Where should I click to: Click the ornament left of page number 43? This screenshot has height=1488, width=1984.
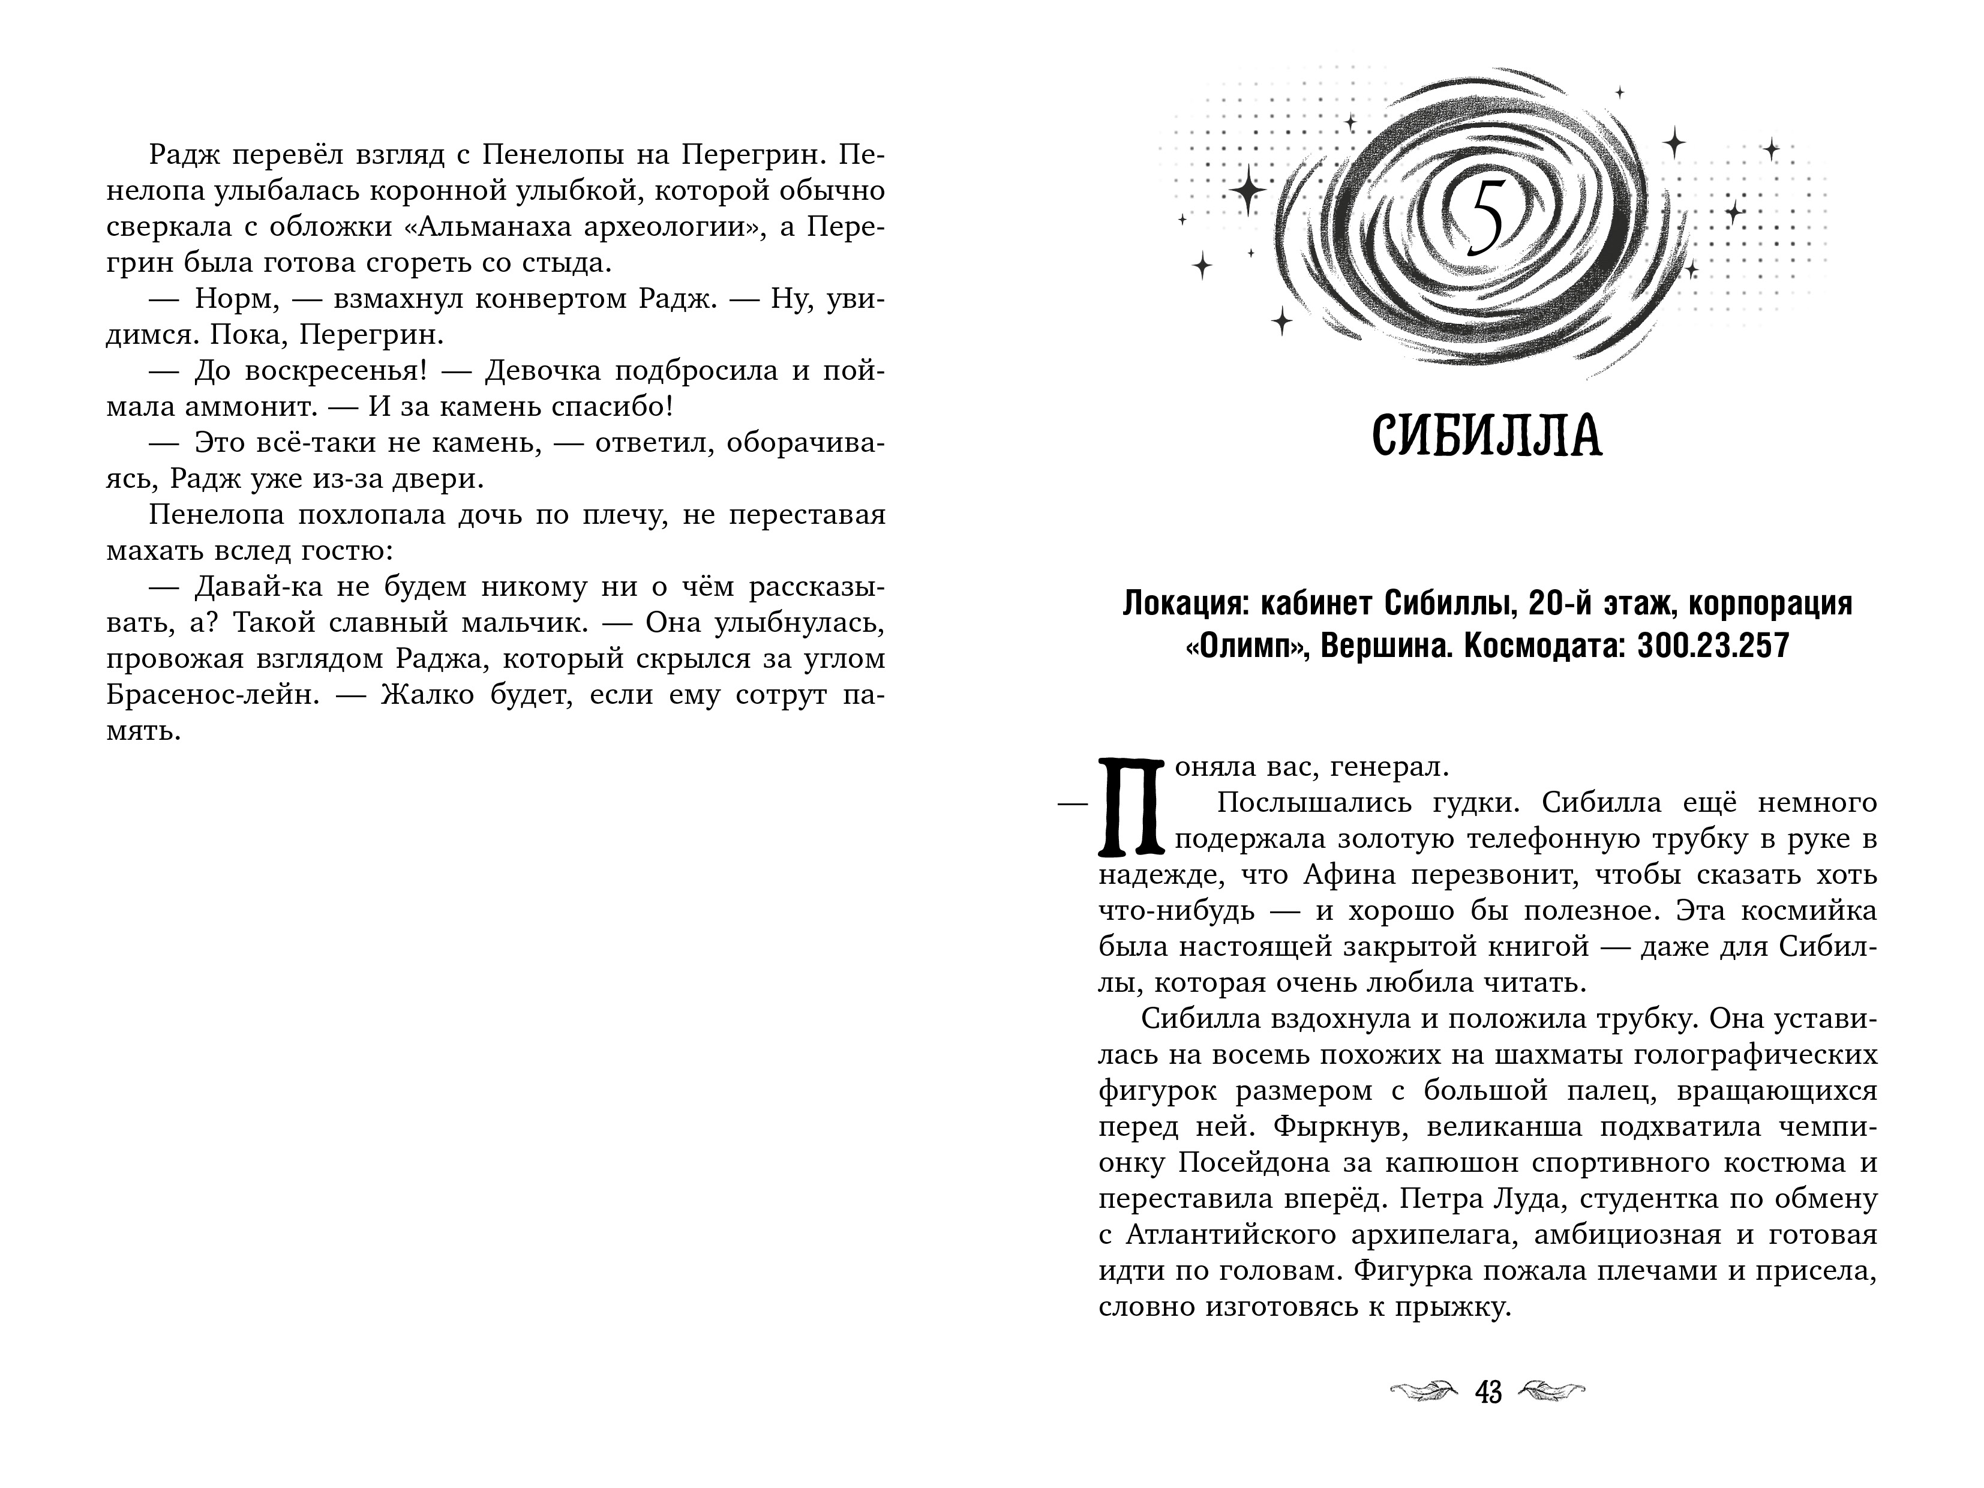pyautogui.click(x=1424, y=1392)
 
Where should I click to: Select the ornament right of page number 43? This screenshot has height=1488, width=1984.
pyautogui.click(x=1551, y=1392)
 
